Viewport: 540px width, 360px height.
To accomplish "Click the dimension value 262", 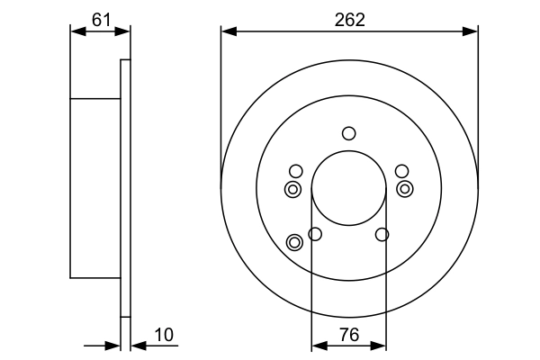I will point(349,19).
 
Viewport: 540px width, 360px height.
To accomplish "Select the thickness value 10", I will point(164,335).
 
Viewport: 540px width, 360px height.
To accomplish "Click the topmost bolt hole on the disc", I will point(349,134).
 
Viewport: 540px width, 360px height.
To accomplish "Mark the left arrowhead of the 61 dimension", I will point(76,31).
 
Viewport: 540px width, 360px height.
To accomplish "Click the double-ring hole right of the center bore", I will point(405,189).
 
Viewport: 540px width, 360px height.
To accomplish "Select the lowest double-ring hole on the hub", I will point(294,242).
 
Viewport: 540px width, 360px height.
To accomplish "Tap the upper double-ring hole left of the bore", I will point(292,189).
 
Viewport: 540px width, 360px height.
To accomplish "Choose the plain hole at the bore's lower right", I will point(382,235).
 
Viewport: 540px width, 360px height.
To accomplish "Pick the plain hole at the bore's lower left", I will point(315,235).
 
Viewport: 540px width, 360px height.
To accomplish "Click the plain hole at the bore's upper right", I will point(402,171).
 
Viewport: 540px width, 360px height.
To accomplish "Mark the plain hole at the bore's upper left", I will point(296,171).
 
